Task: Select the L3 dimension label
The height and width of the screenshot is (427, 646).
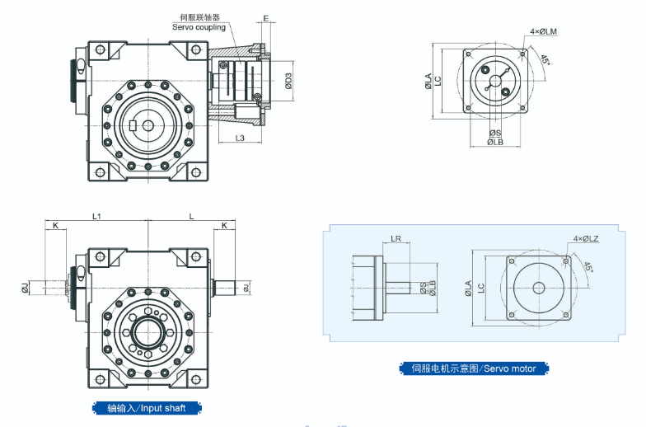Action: coord(240,138)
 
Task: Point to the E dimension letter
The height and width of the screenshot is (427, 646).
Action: coord(265,17)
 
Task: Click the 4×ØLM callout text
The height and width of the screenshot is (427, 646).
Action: coord(544,31)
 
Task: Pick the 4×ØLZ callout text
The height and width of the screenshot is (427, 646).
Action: coord(586,239)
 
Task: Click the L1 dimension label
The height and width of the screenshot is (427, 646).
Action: coord(96,216)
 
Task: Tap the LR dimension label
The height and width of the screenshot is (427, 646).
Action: coord(396,240)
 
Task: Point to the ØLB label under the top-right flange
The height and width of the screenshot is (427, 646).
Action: coord(494,142)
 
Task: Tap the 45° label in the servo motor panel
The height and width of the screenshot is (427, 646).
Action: coord(587,266)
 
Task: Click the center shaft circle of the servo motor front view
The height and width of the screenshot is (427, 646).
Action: coord(539,288)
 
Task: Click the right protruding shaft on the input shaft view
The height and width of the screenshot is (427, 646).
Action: coord(226,287)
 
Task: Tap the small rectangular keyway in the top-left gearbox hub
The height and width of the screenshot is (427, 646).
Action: coord(133,125)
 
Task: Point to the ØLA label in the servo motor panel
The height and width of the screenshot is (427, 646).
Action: coord(469,288)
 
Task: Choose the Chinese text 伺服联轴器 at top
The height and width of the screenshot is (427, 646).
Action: coord(199,16)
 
